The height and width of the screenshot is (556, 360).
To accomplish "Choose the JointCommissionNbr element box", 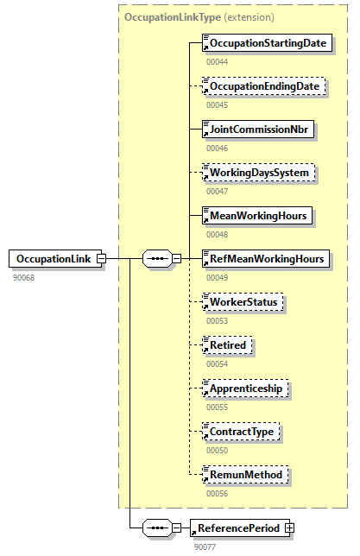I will point(257,129).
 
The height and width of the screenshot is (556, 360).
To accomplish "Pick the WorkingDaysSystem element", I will point(258,172).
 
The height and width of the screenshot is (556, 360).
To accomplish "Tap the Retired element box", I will point(228,344).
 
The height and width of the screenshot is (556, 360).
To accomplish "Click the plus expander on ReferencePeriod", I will point(289,527).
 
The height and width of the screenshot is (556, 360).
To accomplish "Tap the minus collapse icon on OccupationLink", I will point(101,258).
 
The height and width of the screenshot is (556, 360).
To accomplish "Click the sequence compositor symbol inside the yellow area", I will point(155,258).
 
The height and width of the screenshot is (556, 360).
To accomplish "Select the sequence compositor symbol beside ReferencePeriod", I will point(155,527).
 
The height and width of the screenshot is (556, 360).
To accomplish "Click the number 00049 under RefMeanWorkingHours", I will point(218,277).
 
